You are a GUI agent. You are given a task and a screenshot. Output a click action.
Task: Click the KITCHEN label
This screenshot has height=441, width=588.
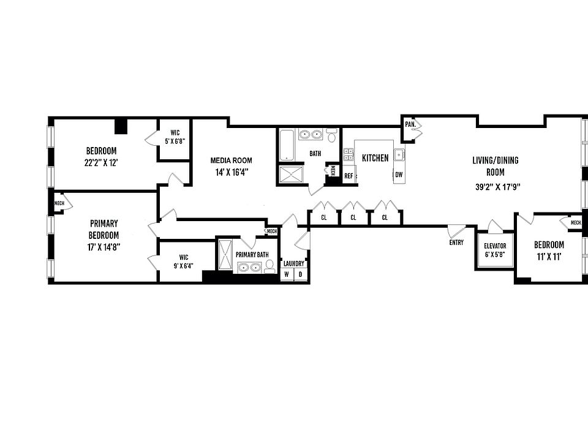[375, 158]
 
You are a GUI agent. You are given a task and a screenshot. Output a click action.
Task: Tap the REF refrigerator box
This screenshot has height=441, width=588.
[349, 176]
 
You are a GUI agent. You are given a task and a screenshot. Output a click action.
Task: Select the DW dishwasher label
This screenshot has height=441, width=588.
[399, 175]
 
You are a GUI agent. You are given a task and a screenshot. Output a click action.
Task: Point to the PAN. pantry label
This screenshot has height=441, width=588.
[410, 124]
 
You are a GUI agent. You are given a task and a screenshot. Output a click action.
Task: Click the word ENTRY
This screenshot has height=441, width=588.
[456, 243]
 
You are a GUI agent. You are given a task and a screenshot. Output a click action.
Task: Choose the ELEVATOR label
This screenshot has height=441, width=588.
[495, 246]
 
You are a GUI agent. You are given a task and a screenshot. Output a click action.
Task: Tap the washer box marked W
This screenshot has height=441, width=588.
[287, 275]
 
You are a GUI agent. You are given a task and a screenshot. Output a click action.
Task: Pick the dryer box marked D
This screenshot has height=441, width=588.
[301, 275]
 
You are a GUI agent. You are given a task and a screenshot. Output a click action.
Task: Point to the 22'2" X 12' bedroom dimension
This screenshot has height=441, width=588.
[101, 163]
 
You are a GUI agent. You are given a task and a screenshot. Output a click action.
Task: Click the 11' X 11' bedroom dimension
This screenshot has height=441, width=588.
[549, 257]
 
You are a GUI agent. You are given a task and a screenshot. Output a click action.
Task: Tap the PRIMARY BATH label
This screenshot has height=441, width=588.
[252, 255]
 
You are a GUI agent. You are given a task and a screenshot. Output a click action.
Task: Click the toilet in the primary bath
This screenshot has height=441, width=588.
[270, 265]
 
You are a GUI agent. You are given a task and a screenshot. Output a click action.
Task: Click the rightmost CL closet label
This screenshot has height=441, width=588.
[385, 217]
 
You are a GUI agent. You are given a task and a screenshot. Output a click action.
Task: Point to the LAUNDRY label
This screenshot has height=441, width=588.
[294, 264]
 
